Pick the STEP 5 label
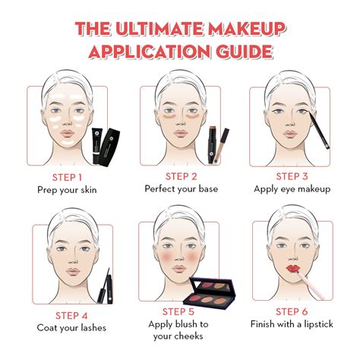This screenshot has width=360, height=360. (x=180, y=311)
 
